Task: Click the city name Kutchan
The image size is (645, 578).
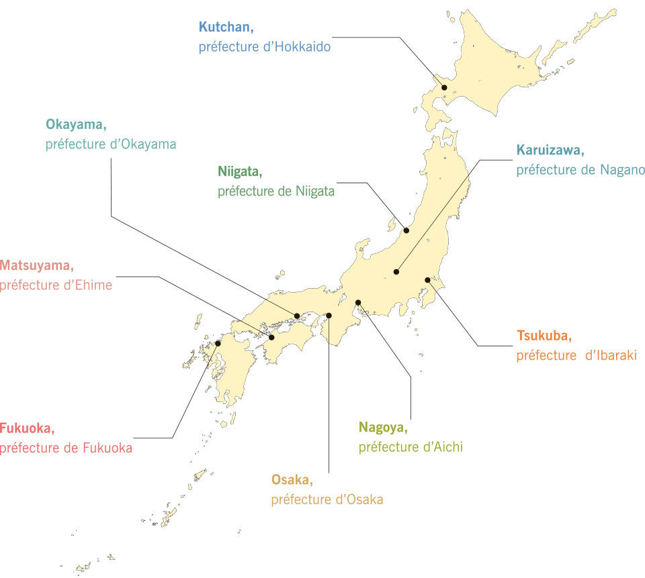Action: pyautogui.click(x=224, y=28)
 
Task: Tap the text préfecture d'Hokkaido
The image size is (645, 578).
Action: pyautogui.click(x=264, y=48)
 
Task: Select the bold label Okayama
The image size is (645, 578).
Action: pyautogui.click(x=76, y=124)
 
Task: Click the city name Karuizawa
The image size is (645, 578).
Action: pyautogui.click(x=550, y=150)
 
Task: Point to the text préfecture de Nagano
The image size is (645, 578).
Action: pyautogui.click(x=580, y=170)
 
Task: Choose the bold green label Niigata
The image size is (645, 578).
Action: pyautogui.click(x=239, y=171)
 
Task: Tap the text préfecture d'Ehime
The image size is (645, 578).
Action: pyautogui.click(x=56, y=285)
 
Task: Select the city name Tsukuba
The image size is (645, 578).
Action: pyautogui.click(x=544, y=335)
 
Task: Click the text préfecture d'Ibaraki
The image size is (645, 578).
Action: pyautogui.click(x=576, y=355)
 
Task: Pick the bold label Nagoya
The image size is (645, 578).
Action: pyautogui.click(x=383, y=427)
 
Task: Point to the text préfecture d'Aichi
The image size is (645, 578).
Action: pyautogui.click(x=411, y=447)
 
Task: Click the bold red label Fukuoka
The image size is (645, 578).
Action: pyautogui.click(x=28, y=428)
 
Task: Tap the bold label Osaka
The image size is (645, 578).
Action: pyautogui.click(x=292, y=479)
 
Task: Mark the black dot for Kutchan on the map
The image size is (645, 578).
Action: pyautogui.click(x=444, y=88)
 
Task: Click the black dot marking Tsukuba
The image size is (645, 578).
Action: pyautogui.click(x=427, y=280)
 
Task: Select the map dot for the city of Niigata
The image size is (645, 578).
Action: pyautogui.click(x=406, y=230)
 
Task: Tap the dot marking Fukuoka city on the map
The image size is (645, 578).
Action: pyautogui.click(x=218, y=344)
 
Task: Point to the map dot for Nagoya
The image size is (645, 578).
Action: pyautogui.click(x=358, y=302)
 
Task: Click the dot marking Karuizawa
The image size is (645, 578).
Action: pyautogui.click(x=396, y=272)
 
